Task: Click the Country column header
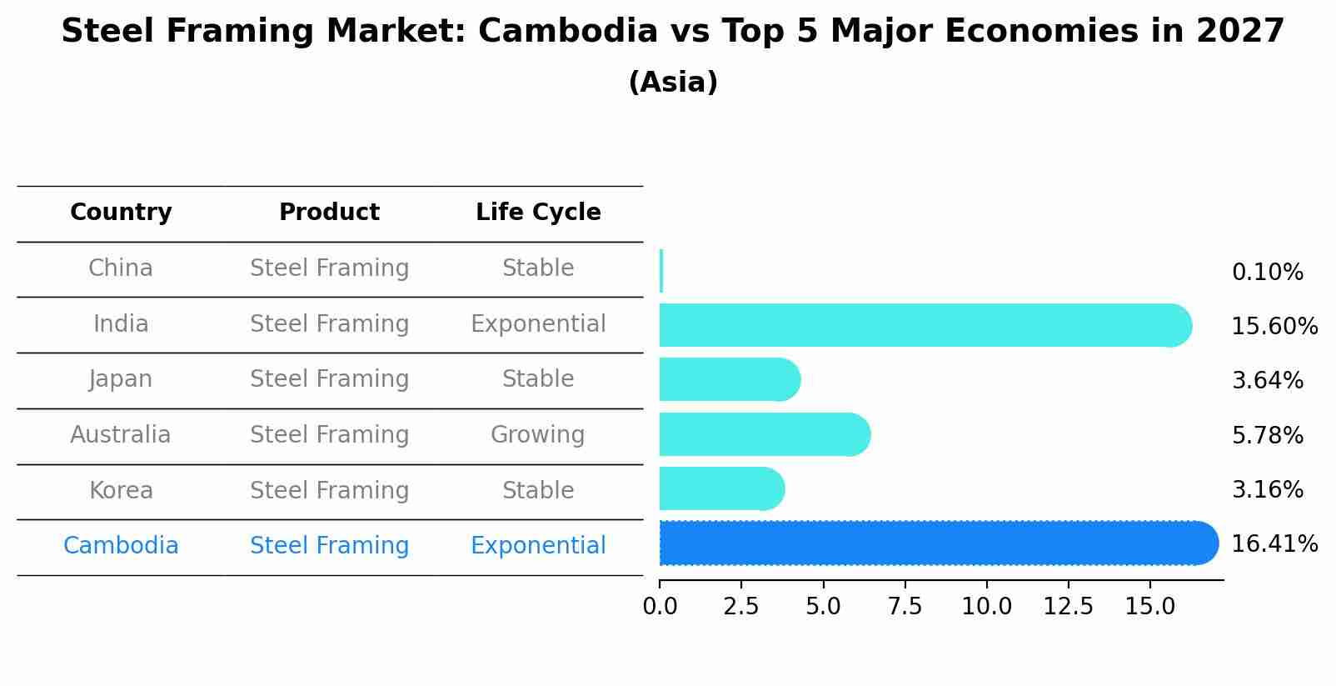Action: click(x=121, y=213)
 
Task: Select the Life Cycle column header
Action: click(x=538, y=213)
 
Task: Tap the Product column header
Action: click(x=329, y=213)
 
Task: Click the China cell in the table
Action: click(x=121, y=268)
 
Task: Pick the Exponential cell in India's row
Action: click(x=538, y=324)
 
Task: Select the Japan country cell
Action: click(x=121, y=379)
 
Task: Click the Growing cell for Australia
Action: click(x=538, y=435)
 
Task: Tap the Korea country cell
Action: click(x=121, y=490)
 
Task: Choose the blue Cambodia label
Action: click(x=121, y=546)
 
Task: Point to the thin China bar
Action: click(x=661, y=271)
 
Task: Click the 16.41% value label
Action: click(x=1274, y=544)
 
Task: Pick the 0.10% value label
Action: click(x=1267, y=273)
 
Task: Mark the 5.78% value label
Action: click(x=1267, y=435)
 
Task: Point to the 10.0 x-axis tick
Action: click(x=986, y=607)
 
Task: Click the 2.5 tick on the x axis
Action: click(x=741, y=607)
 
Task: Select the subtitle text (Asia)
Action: click(x=673, y=83)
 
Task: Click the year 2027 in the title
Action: click(x=1240, y=32)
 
